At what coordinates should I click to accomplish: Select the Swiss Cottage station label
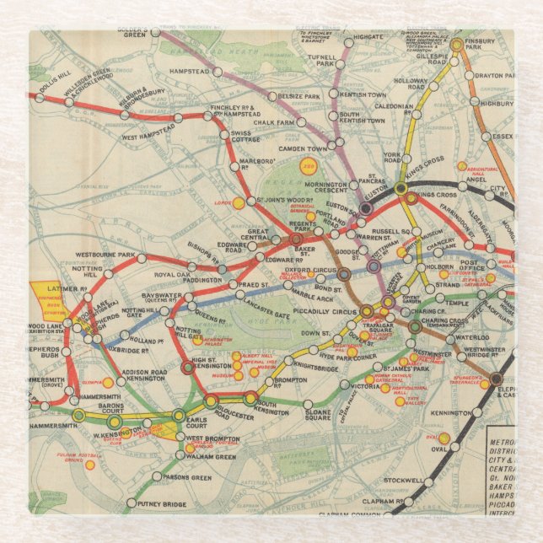click(x=253, y=137)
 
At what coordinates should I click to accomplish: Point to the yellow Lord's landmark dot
click(x=239, y=203)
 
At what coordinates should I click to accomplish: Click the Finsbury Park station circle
click(x=456, y=45)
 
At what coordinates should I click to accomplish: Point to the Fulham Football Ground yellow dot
click(x=89, y=465)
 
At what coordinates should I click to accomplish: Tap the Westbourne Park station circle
click(x=142, y=257)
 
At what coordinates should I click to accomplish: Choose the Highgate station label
click(x=368, y=38)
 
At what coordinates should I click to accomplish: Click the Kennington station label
click(x=448, y=413)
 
